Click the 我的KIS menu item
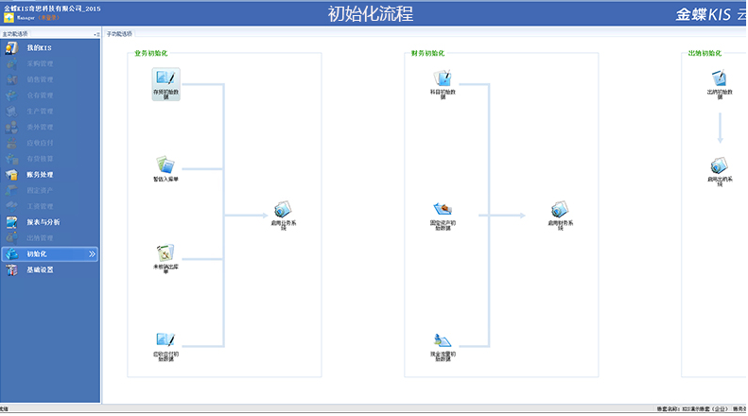click(40, 47)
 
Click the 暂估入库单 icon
click(165, 165)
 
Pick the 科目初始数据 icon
click(443, 80)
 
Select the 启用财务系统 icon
click(561, 210)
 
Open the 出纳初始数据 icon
click(720, 80)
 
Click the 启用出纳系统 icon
click(720, 166)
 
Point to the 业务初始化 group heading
click(151, 53)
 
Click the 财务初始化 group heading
click(427, 53)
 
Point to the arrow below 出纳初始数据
click(720, 128)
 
